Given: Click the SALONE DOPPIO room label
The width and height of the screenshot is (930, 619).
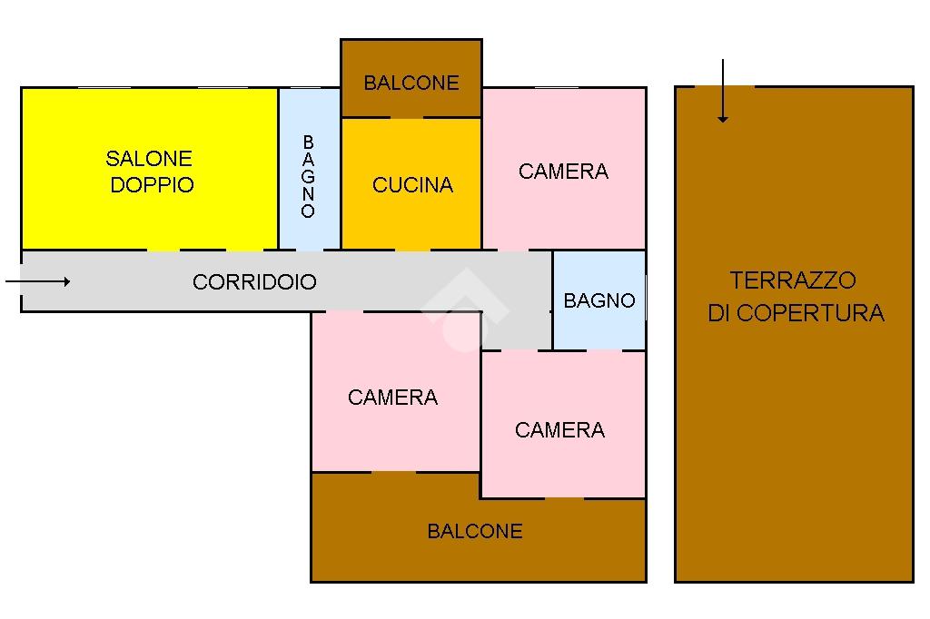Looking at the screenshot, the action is coord(150,172).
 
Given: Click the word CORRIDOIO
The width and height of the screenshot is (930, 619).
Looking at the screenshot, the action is coord(254,282).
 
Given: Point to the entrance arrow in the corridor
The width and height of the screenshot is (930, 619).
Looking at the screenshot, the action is coord(38,282).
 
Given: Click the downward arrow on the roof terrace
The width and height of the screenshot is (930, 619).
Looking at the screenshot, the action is coord(723,91).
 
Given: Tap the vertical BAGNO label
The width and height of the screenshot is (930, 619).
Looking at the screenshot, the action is coord(309,177).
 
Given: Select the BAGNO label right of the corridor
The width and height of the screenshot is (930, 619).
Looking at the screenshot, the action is coord(599,300).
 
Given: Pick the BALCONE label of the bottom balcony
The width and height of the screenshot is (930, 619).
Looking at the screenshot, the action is coord(475,531).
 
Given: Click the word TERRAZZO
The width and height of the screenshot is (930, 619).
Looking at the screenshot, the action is coord(793,280).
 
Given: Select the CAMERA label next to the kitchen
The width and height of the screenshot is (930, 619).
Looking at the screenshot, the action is coord(563,172).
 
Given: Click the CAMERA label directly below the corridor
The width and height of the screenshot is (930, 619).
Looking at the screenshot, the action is coord(392,398).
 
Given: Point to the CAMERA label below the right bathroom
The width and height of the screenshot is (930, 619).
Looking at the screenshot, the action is coord(559,430).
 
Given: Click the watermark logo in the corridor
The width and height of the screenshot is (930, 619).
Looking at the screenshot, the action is coord(463,309).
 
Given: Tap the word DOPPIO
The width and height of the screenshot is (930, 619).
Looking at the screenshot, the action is coord(152,185).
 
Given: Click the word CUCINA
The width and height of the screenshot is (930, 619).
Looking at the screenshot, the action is coord(412,185).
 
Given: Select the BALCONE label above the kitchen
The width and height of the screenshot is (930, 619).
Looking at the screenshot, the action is coord(411,83).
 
